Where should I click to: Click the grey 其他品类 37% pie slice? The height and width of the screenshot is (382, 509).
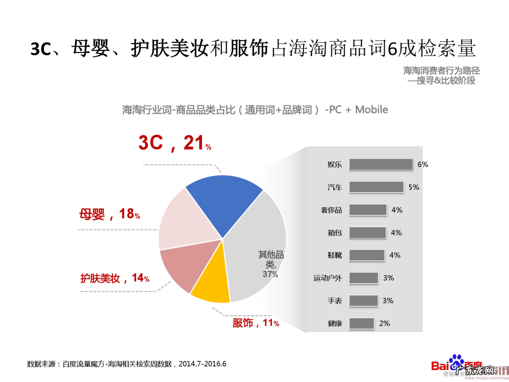[258, 239]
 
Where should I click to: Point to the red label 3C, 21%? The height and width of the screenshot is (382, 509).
[175, 143]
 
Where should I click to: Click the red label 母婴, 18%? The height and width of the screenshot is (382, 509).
[109, 214]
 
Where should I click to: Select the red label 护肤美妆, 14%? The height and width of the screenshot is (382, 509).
[115, 278]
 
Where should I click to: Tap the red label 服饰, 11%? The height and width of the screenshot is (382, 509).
[256, 323]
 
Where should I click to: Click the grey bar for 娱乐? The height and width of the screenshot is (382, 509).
[381, 164]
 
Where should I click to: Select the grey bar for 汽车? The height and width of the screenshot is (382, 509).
[376, 187]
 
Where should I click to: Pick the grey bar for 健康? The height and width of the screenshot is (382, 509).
[361, 324]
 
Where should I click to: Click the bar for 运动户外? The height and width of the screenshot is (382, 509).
[363, 278]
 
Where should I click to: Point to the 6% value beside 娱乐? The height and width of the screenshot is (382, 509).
[423, 164]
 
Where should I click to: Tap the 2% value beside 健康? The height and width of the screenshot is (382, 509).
[385, 324]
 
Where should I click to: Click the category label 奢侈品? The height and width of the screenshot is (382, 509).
[331, 210]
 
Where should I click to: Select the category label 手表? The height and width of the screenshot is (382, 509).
[334, 301]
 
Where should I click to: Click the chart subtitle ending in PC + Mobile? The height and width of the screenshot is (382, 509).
[255, 109]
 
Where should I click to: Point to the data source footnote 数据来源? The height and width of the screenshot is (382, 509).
[126, 364]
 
